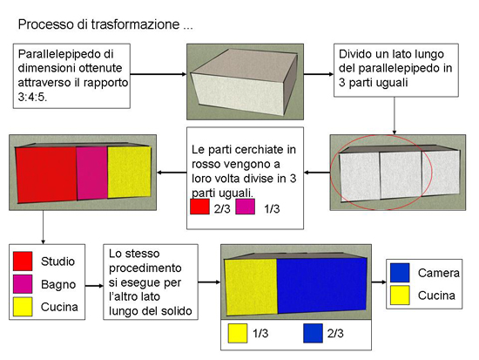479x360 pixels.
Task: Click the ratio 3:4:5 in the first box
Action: (32, 97)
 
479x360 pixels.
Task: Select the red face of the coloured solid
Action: (46, 174)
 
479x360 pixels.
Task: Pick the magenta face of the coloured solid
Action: (92, 173)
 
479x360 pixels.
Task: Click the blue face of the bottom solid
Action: (321, 285)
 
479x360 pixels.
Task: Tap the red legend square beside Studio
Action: (23, 262)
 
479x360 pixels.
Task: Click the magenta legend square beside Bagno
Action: (23, 284)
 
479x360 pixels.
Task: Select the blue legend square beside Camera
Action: (400, 273)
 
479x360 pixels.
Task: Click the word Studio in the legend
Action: (57, 262)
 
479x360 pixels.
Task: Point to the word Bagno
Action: (58, 284)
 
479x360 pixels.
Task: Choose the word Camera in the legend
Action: (439, 273)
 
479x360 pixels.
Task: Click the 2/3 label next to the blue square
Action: (335, 333)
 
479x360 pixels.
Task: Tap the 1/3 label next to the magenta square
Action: (272, 209)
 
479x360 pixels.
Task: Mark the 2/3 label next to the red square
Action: (222, 209)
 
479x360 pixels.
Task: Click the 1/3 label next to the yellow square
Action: (260, 333)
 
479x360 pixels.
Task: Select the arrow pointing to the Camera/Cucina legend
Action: (379, 282)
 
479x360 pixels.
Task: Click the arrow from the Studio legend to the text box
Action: (94, 286)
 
